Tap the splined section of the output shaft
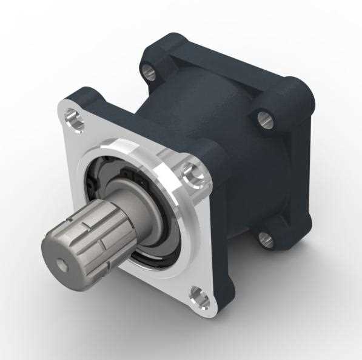point(91,233)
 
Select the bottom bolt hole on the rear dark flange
point(266,239)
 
